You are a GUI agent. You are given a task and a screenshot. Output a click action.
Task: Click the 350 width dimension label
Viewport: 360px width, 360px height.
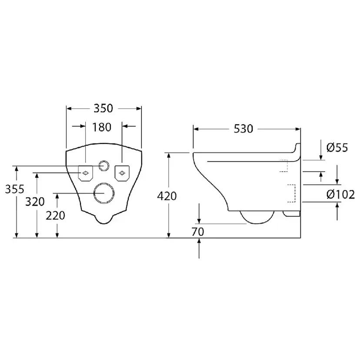pos(103,108)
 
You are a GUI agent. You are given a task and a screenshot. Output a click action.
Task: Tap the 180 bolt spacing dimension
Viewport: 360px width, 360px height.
pos(102,127)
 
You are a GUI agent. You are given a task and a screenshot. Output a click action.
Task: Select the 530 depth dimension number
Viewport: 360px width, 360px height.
pos(243,129)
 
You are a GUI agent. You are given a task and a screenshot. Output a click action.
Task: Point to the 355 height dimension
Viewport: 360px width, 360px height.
pos(15,189)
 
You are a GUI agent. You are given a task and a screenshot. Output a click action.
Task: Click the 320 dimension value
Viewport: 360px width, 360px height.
pos(35,202)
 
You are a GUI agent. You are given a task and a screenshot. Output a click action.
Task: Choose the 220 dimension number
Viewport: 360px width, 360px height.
pos(55,216)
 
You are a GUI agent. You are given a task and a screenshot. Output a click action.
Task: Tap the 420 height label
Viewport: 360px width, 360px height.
pos(167,196)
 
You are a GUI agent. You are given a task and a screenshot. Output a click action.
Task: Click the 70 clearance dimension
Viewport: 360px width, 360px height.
pos(198,232)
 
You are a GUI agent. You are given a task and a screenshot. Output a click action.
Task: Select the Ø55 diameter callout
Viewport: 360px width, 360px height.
pos(337,147)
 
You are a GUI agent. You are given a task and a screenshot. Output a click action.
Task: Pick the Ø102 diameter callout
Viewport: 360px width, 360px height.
pos(340,195)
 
